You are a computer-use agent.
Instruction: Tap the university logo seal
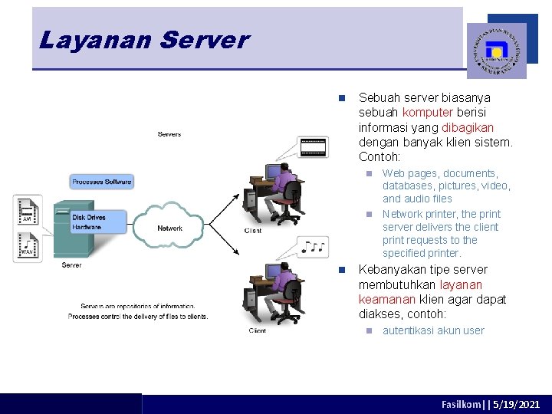496,51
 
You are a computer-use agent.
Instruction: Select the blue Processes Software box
102,182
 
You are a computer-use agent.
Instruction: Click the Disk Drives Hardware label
88,222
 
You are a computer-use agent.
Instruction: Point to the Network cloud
170,228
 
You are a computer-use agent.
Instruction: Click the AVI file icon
28,211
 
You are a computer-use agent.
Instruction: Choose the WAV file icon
28,247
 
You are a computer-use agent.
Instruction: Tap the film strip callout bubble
312,146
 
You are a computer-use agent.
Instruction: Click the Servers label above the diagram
169,134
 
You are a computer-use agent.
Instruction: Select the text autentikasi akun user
433,330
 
